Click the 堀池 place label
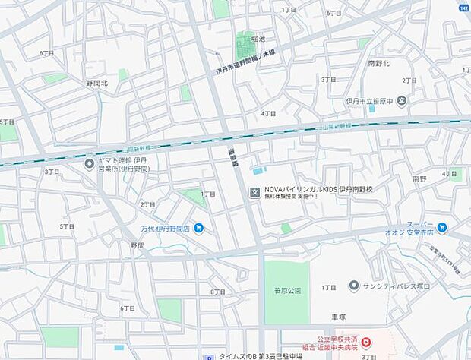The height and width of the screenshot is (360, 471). (258, 39)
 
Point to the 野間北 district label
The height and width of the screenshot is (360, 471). (96, 82)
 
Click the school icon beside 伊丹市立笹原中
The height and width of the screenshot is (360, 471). (401, 100)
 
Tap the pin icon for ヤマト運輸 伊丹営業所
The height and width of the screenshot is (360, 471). (90, 163)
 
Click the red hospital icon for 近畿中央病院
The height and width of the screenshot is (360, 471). (366, 343)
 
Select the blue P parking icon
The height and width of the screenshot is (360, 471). (209, 356)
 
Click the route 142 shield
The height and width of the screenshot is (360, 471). (462, 8)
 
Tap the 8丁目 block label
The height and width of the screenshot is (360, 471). (217, 292)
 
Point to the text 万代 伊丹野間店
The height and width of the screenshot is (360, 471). (163, 227)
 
